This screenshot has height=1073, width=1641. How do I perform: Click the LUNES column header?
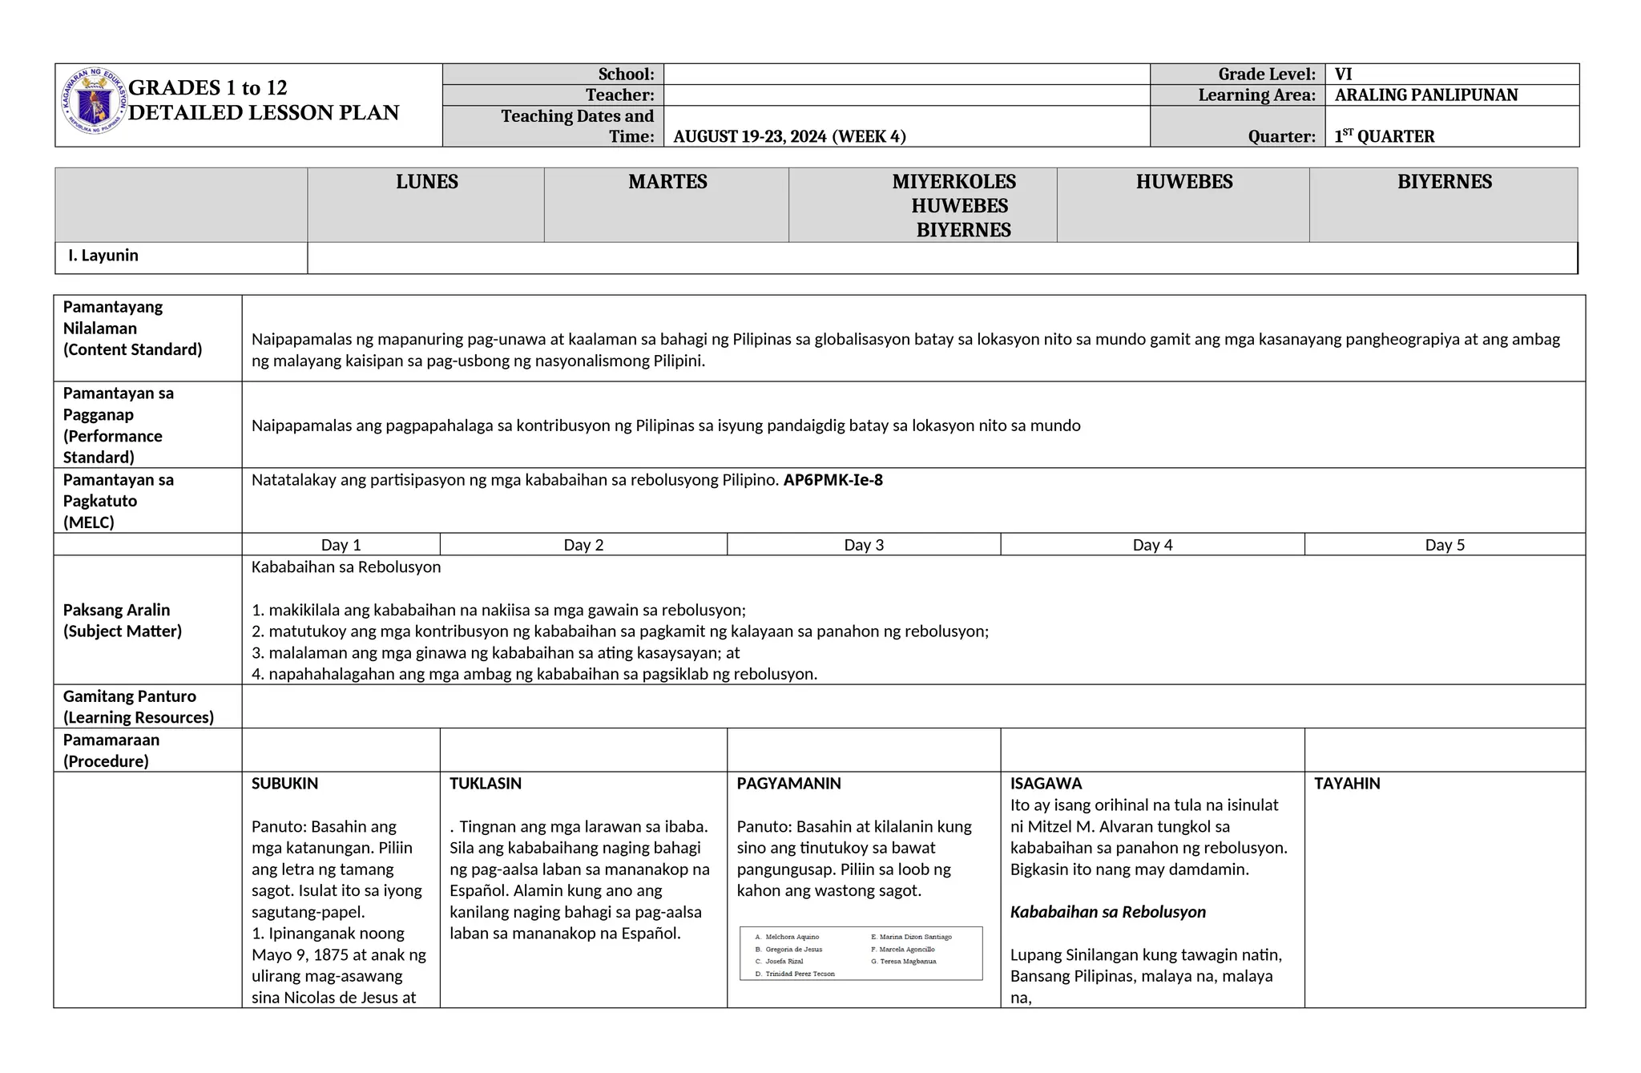[426, 182]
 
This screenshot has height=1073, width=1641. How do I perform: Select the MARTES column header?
[667, 182]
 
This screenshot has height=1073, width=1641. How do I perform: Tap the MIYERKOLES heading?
[954, 182]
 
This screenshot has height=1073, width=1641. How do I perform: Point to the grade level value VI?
[1343, 75]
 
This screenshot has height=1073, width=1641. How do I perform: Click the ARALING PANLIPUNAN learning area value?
[1425, 95]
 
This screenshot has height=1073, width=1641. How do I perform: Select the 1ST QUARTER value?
[1384, 136]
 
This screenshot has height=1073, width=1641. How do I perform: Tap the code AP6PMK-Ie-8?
[833, 480]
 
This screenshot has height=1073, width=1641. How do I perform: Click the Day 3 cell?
[863, 545]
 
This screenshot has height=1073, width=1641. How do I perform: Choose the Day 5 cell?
[1444, 545]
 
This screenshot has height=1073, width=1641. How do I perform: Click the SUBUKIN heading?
[284, 784]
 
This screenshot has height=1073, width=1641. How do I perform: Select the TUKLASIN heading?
[485, 784]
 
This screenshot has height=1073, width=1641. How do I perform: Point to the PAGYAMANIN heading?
[788, 784]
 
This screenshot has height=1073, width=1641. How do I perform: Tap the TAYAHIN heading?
[1346, 784]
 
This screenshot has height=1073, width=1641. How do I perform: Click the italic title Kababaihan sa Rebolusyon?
[1107, 912]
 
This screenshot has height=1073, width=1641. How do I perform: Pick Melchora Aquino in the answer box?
[792, 937]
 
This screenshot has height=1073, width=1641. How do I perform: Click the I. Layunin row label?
[103, 256]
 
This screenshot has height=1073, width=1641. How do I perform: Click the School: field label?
[626, 75]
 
